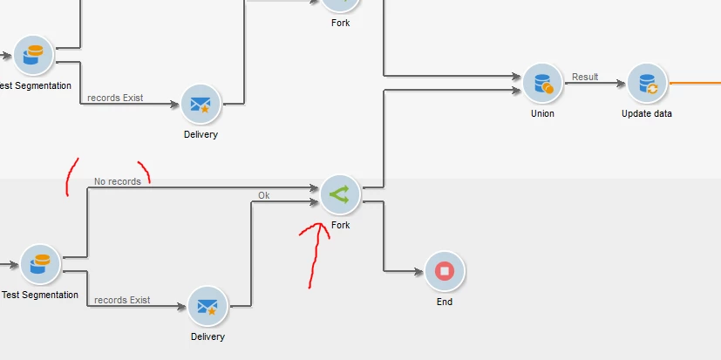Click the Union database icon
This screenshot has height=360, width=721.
tap(542, 84)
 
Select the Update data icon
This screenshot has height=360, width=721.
tap(647, 84)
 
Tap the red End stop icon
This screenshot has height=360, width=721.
tap(445, 271)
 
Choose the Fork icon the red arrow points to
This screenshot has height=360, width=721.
tap(340, 195)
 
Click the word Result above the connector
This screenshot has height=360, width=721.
tap(585, 77)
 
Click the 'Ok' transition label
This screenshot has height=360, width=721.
tap(263, 195)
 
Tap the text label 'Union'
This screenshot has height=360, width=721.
tap(542, 113)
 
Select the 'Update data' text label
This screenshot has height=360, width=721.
tap(647, 113)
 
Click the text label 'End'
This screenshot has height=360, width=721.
tap(445, 302)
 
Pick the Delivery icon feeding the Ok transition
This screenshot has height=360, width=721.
tap(207, 306)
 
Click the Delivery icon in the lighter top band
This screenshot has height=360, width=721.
tap(201, 105)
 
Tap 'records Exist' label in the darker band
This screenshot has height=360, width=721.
tap(122, 300)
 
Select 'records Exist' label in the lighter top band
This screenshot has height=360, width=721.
tap(115, 98)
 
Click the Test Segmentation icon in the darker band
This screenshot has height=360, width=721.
tap(40, 264)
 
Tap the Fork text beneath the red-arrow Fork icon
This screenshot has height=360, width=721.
tap(340, 225)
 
